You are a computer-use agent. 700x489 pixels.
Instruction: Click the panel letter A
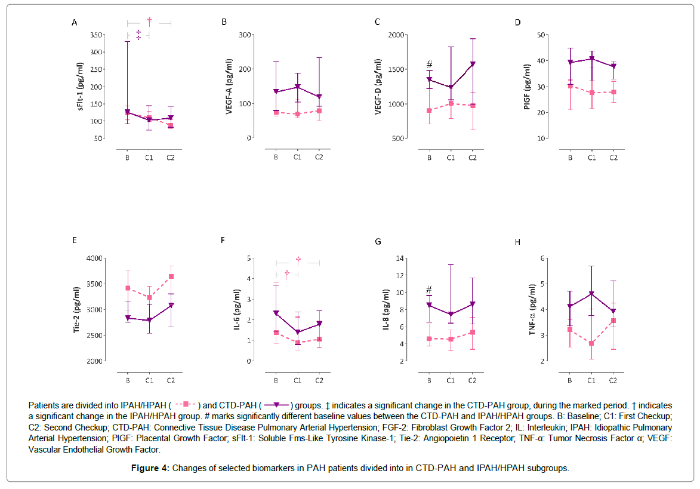pos(74,23)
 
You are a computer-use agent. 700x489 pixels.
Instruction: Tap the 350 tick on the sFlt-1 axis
pos(95,35)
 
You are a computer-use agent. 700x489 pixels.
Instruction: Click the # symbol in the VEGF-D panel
pos(428,64)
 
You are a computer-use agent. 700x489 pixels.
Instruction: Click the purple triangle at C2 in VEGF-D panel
pos(473,64)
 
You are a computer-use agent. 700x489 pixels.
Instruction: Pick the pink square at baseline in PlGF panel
pos(571,86)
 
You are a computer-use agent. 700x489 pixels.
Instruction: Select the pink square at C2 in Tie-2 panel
pos(171,276)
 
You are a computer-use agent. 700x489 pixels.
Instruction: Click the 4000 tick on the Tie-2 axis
pos(94,259)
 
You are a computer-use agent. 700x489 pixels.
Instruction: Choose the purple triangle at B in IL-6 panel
pos(276,312)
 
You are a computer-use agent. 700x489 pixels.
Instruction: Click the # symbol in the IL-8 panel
pos(428,290)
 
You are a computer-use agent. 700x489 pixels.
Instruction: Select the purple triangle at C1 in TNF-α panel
pos(592,294)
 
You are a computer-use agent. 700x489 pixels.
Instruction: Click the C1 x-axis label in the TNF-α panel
pos(592,380)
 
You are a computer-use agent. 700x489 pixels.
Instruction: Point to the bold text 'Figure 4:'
pos(150,468)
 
